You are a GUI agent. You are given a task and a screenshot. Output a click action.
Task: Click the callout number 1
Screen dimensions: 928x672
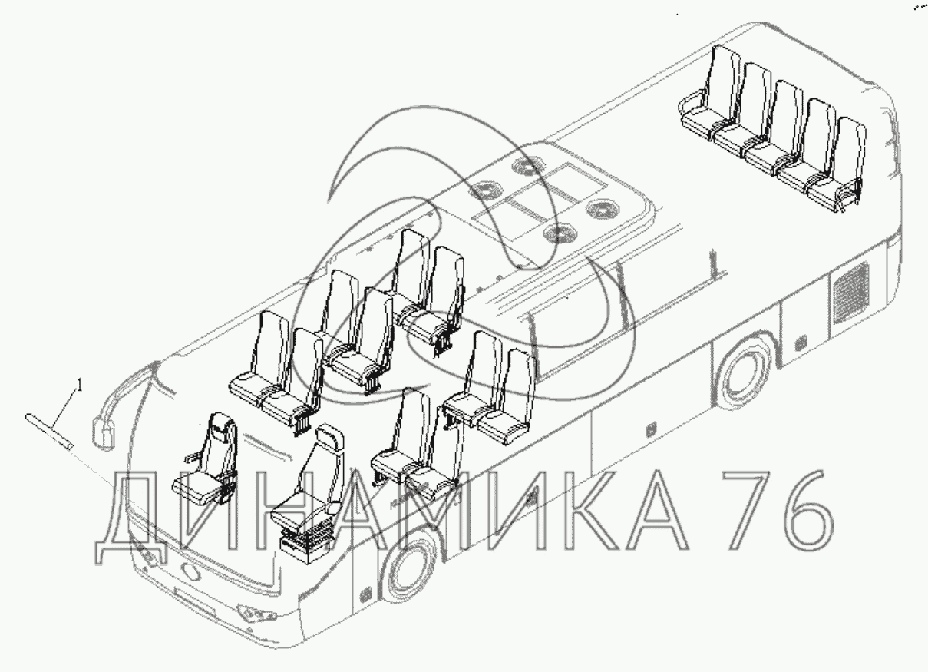pos(80,386)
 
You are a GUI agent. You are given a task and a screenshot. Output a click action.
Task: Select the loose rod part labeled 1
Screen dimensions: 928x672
pos(49,431)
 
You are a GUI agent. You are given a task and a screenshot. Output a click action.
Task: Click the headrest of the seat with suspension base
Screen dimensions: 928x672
pos(329,436)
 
